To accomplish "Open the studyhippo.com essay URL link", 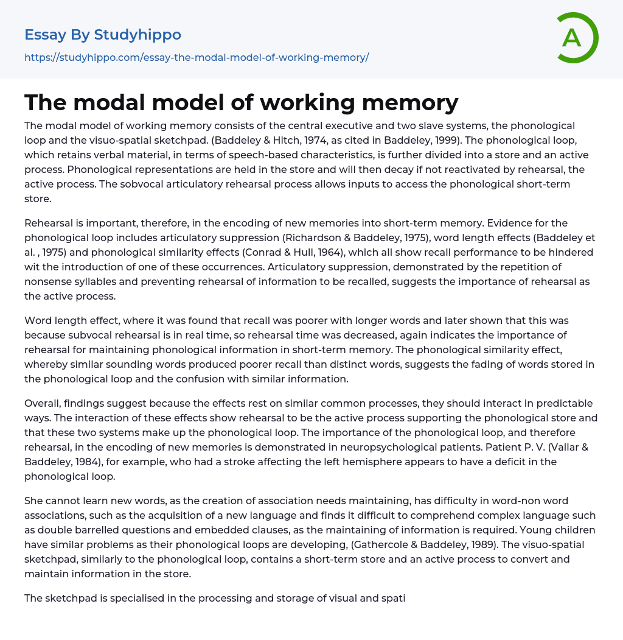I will [197, 58].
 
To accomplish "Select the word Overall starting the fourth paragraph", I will [45, 403].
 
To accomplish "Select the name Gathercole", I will [332, 544].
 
